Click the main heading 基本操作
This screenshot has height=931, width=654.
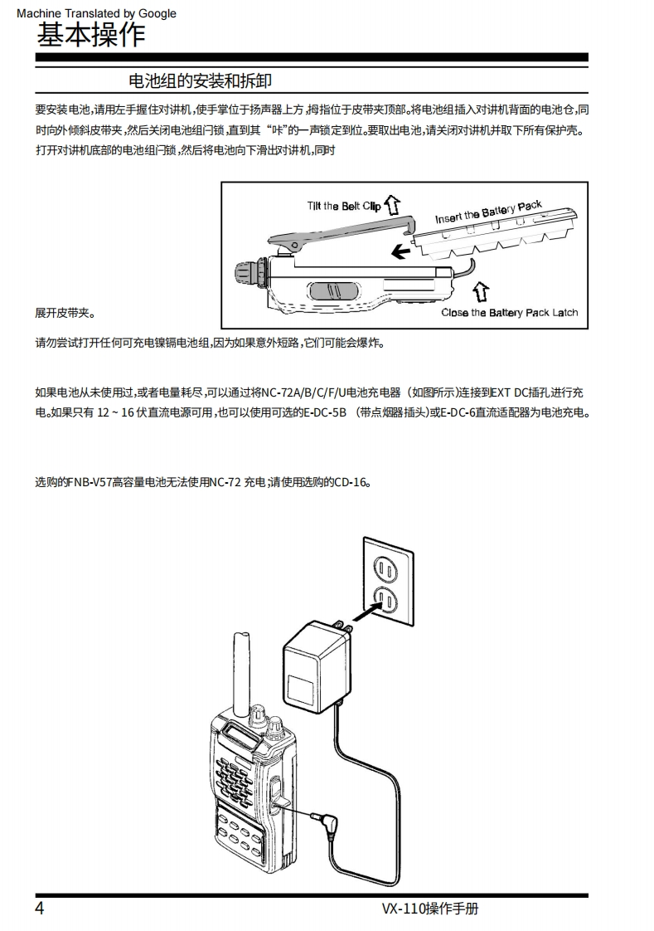tap(91, 34)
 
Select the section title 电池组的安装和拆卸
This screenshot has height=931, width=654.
tap(200, 80)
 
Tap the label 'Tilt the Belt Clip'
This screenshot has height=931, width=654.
tap(343, 206)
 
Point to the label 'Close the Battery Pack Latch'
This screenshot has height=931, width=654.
tap(509, 313)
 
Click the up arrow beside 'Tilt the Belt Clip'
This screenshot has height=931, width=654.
tap(394, 202)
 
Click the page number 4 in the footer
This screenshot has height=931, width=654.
tap(39, 908)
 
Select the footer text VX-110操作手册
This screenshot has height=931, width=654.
tap(429, 908)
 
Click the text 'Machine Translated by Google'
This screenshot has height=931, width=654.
tap(96, 13)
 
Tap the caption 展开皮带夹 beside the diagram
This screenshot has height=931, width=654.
tap(65, 314)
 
